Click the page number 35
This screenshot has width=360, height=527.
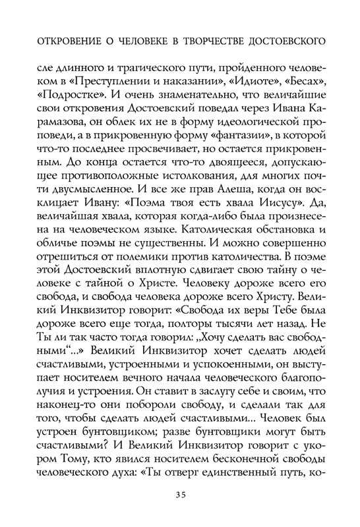[180, 493]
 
